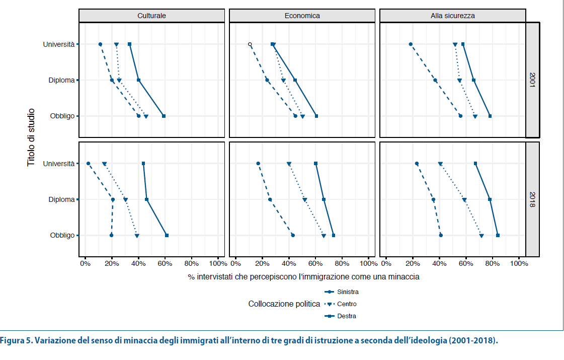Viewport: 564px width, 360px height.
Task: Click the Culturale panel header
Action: click(151, 16)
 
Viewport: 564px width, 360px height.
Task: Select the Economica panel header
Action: click(302, 16)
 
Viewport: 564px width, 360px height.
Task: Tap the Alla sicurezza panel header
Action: click(452, 16)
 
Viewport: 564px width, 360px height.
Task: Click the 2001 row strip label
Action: click(532, 80)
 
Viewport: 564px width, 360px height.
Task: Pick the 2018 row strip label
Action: click(532, 199)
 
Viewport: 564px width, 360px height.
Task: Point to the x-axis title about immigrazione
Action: click(303, 277)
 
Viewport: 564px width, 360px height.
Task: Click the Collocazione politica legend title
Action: click(284, 304)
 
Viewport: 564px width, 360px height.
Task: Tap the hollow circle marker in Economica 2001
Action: click(250, 44)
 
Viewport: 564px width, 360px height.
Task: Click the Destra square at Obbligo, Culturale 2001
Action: click(164, 116)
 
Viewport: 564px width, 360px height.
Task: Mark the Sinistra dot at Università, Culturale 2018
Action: click(88, 164)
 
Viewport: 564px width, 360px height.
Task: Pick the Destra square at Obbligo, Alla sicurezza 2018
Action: click(498, 235)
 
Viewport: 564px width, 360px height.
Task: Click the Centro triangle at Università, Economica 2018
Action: click(289, 164)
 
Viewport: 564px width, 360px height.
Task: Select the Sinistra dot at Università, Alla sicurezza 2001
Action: click(411, 44)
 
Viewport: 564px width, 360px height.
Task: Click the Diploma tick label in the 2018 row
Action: click(61, 199)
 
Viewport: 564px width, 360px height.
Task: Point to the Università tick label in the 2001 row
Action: click(59, 44)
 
